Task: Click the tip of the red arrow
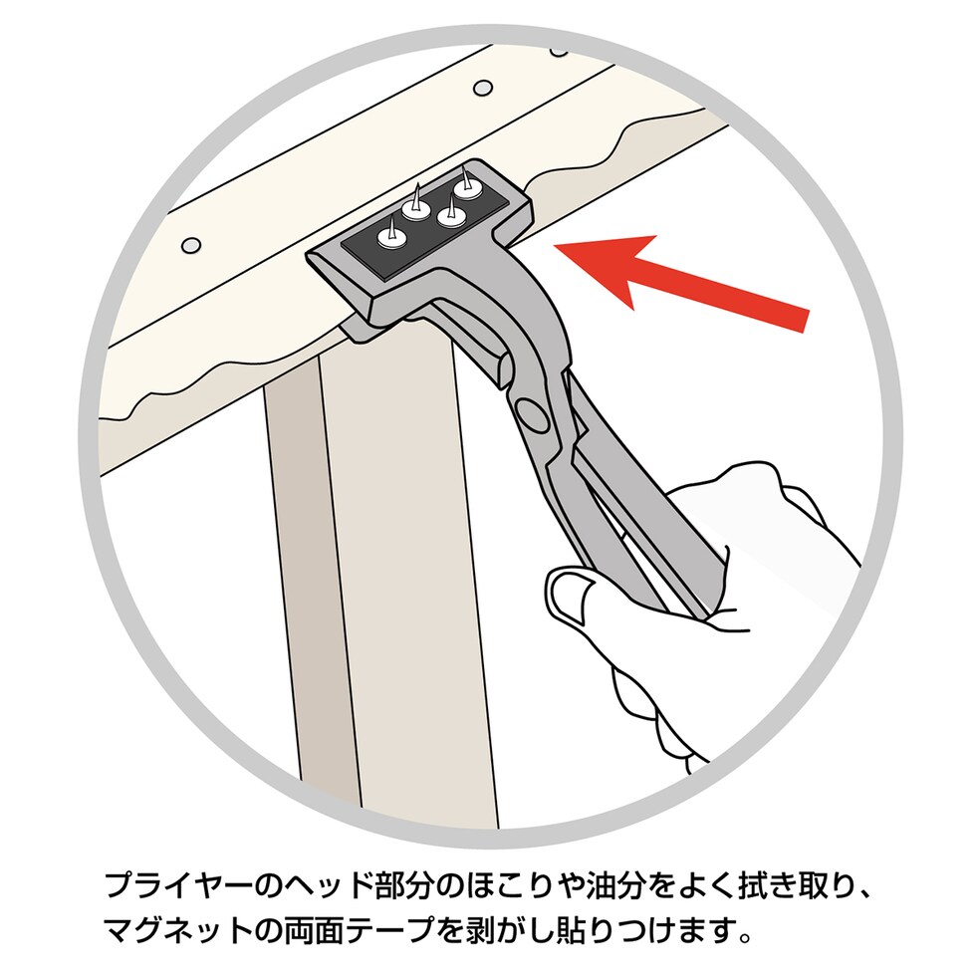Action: pos(554,247)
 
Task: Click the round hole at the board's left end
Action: pos(190,244)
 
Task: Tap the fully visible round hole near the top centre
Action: pos(483,88)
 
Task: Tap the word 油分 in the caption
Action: pos(590,885)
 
